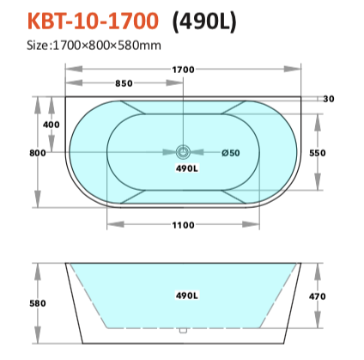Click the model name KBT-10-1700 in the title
click(x=93, y=21)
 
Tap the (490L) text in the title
click(x=204, y=21)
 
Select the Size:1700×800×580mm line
click(x=94, y=46)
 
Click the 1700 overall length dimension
click(x=183, y=70)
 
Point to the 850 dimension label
click(x=124, y=83)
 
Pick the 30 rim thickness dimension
click(x=329, y=99)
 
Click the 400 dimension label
click(x=52, y=125)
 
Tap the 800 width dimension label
click(x=38, y=153)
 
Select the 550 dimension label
click(x=318, y=153)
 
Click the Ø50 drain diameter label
click(x=231, y=153)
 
